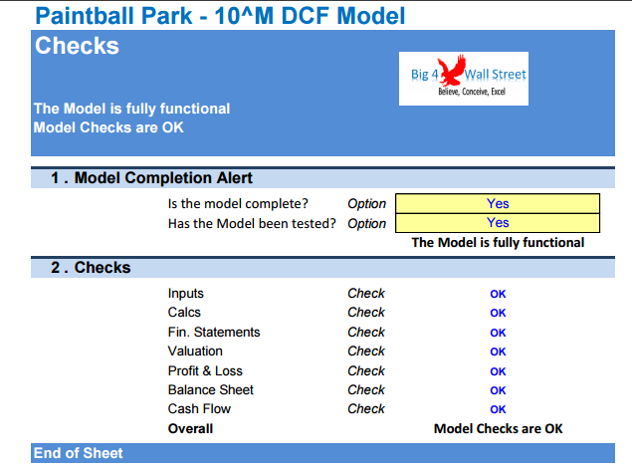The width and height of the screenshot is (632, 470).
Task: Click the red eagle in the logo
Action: [452, 71]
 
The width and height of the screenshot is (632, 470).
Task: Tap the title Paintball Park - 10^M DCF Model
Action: [220, 16]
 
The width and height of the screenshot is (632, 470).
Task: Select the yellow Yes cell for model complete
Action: [498, 203]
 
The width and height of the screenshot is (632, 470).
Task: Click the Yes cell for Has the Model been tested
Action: [498, 223]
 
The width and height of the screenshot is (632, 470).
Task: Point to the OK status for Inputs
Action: [498, 294]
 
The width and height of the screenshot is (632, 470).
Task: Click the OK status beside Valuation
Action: [498, 352]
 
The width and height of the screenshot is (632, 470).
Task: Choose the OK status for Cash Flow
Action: [498, 409]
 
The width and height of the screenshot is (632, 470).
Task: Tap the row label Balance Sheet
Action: [211, 389]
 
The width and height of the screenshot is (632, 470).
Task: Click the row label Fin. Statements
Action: [214, 332]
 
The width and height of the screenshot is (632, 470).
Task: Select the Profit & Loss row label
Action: [205, 370]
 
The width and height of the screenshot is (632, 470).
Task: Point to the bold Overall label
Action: [190, 428]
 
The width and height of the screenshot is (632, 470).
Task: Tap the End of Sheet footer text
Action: [79, 453]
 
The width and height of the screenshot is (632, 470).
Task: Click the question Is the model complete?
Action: [238, 203]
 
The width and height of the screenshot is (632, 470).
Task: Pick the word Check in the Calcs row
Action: [366, 313]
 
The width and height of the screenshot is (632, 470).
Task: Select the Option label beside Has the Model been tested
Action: [367, 223]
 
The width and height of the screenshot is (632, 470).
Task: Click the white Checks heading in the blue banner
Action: [77, 45]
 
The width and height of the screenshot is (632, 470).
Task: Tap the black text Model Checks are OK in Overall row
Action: [498, 428]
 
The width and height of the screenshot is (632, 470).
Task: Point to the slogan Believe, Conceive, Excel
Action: [472, 92]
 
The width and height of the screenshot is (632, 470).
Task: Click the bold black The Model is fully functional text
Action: [498, 242]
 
